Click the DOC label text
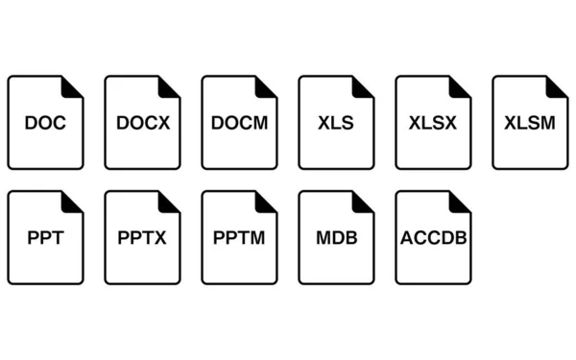pos(45,123)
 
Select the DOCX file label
pos(142,123)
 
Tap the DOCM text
pos(239,123)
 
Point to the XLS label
pos(336,123)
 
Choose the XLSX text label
pos(433,123)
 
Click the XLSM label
pos(530,123)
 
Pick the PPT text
pos(45,238)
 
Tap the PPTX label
pos(142,238)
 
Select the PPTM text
pos(239,238)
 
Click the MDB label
pos(336,238)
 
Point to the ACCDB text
pos(433,238)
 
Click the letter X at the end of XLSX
pos(449,123)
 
